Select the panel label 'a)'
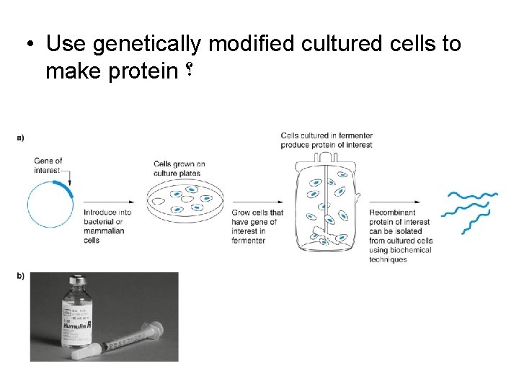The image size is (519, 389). tap(19, 137)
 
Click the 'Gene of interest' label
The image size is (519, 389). tap(48, 166)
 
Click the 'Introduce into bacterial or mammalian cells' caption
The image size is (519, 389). tap(107, 226)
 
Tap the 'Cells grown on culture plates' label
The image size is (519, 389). tap(179, 169)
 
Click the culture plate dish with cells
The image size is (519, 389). tap(185, 200)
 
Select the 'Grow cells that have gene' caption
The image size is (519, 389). tap(257, 226)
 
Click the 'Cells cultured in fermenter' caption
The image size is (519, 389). tap(327, 140)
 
